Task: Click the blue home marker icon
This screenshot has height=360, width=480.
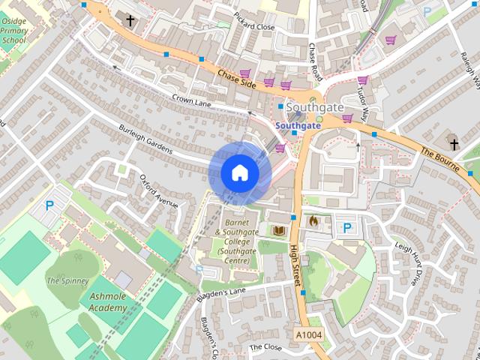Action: click(240, 173)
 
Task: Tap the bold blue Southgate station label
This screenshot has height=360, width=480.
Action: click(298, 125)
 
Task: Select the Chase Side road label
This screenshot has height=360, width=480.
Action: click(237, 79)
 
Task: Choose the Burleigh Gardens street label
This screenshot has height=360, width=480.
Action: click(145, 140)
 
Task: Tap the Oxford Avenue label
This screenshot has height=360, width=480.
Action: click(158, 190)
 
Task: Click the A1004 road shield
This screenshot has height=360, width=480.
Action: click(308, 334)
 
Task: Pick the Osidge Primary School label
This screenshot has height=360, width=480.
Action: click(13, 30)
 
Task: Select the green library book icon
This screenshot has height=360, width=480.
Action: click(279, 229)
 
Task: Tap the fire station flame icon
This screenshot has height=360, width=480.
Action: click(313, 221)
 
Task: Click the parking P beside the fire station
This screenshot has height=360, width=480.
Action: click(346, 227)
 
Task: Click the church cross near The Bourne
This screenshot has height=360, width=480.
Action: click(454, 142)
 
